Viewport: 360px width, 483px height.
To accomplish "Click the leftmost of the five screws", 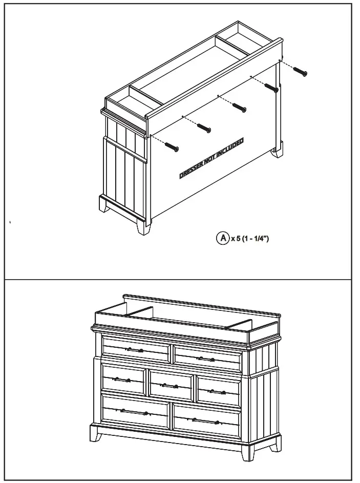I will pos(173,147).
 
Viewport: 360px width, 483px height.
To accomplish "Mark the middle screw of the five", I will pos(239,108).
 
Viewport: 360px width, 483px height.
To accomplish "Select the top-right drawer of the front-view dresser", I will pos(207,358).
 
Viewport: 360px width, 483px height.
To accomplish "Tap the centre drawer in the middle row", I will pos(171,385).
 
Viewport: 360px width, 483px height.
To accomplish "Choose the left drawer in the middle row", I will pos(123,380).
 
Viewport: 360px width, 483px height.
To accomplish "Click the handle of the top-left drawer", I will pos(136,350).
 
